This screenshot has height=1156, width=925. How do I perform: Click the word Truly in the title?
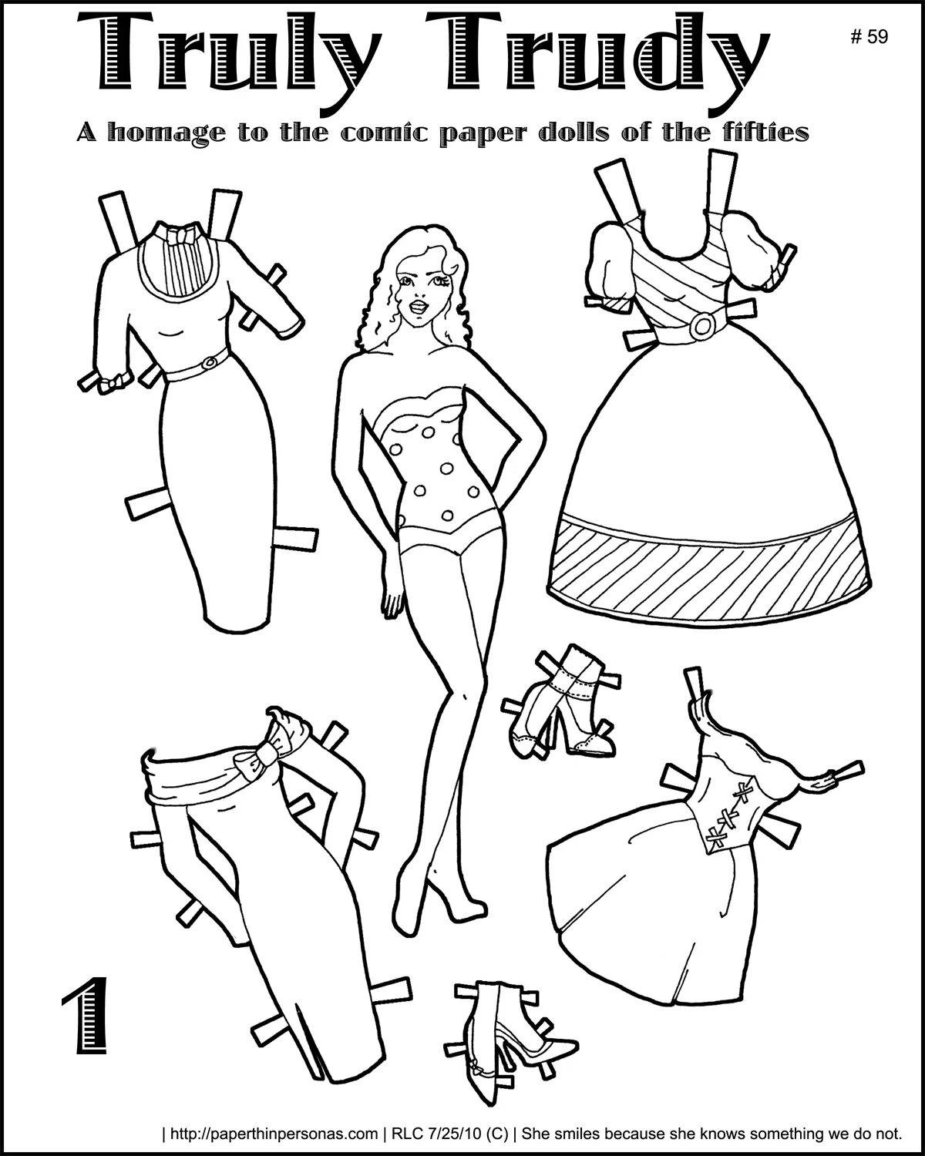point(226,59)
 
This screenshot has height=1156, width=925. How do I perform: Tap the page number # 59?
point(869,36)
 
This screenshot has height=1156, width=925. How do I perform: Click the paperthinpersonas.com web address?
point(274,1134)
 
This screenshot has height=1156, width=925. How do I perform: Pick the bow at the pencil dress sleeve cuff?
point(113,384)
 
